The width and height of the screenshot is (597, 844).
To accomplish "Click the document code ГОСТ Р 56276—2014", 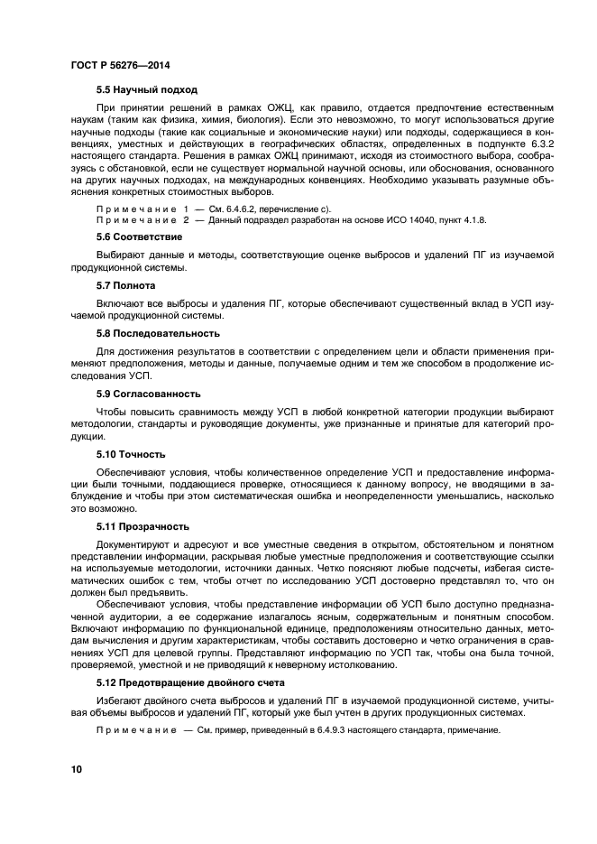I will tap(120, 65).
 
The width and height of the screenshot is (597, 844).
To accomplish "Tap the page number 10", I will tap(78, 768).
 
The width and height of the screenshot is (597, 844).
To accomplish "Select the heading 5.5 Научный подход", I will tap(146, 89).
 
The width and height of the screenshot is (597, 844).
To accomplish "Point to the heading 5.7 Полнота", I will tap(127, 285).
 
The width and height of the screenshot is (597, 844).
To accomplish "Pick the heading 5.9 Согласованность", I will tap(149, 394).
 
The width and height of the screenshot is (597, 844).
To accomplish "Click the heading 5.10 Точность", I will tap(131, 454).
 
